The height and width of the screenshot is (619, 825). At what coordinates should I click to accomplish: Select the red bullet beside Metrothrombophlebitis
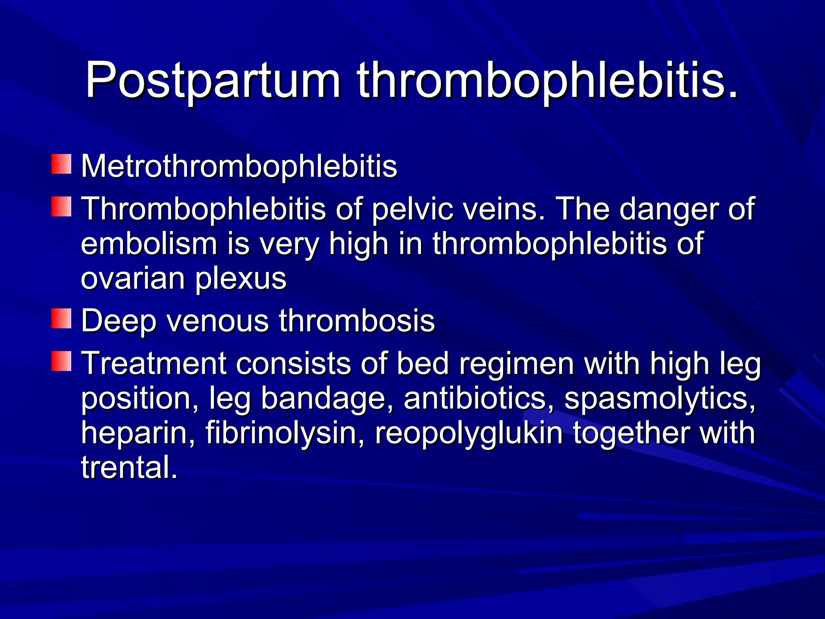point(61,164)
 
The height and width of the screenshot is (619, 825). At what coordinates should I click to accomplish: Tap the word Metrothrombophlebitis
point(239,166)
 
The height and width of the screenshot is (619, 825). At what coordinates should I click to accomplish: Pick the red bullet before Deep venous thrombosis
point(61,319)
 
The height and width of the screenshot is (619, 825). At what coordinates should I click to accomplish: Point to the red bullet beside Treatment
point(61,361)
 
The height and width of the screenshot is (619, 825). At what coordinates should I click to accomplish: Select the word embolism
point(149,244)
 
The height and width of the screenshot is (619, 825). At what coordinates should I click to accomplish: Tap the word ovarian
point(133,279)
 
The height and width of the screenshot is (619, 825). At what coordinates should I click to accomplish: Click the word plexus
point(241,279)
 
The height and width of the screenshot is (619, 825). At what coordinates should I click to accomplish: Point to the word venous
point(218,321)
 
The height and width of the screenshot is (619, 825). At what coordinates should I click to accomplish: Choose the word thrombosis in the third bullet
point(357,321)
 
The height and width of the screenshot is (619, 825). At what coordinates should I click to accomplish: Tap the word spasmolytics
point(659,399)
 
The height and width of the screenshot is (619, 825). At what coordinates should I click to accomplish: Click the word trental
point(129,467)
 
